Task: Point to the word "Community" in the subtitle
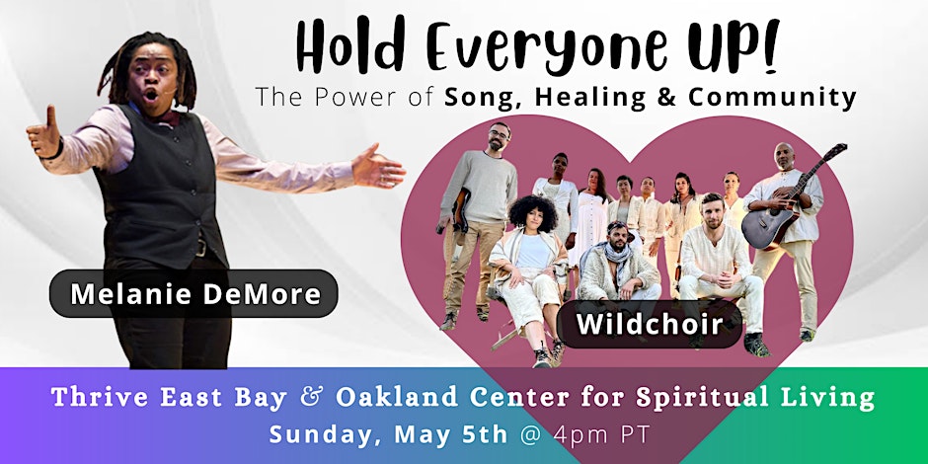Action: coord(772,99)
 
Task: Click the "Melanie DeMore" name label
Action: coord(194,293)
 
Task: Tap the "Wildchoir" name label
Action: coord(650,324)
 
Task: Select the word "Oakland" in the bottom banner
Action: coord(397,398)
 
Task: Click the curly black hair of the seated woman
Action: coord(533,214)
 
